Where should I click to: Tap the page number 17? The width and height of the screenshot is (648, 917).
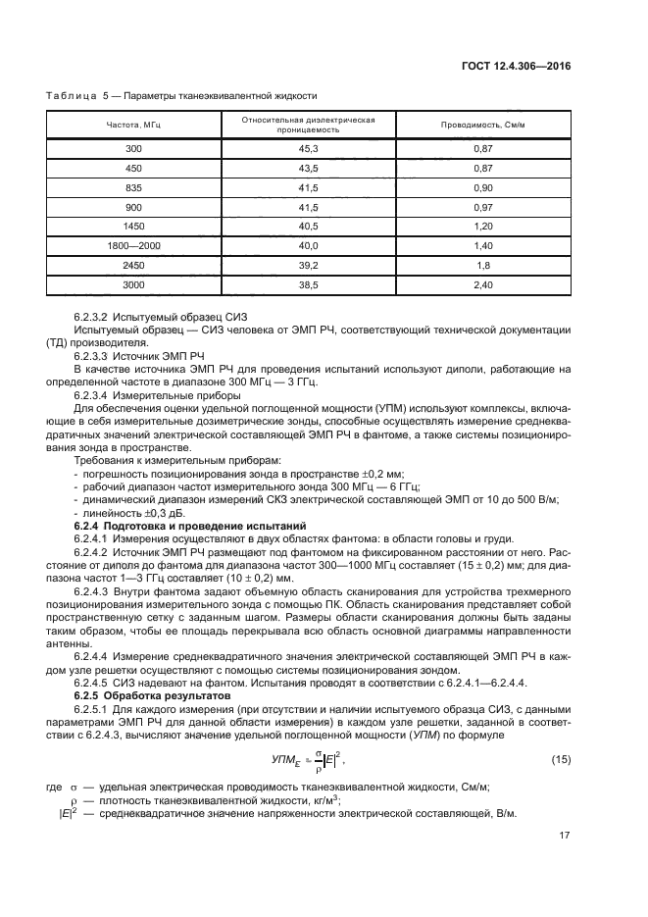click(563, 836)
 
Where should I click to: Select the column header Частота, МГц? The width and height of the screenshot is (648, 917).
click(133, 125)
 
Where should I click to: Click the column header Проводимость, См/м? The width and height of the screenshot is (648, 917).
click(482, 125)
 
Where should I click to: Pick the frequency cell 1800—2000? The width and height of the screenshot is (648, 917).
click(133, 245)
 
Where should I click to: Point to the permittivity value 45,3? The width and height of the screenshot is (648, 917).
click(310, 148)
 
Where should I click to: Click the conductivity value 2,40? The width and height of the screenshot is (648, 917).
click(482, 284)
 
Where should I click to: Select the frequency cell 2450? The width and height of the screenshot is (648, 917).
click(133, 265)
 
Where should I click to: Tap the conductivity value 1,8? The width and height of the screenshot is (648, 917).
click(482, 265)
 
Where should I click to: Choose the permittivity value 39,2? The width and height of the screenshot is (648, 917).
click(310, 265)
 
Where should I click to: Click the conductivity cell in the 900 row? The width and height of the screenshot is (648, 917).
click(482, 207)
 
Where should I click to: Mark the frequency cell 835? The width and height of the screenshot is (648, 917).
click(133, 187)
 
